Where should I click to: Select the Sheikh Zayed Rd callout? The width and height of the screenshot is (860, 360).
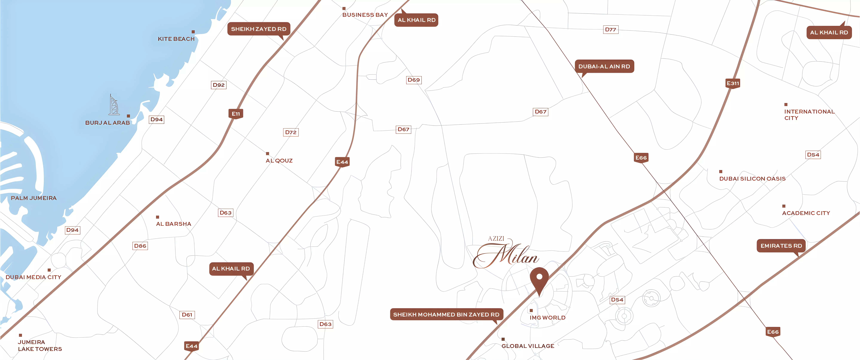259,29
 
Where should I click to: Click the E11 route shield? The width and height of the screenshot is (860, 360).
236,114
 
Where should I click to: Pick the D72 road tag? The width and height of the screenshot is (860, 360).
291,132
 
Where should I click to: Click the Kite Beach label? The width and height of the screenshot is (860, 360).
176,39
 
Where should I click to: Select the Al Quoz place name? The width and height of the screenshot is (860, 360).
279,161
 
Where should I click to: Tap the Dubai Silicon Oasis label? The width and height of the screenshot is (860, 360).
752,179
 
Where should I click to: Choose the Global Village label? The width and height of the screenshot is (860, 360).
528,346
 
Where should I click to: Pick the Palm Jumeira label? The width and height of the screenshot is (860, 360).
34,198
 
